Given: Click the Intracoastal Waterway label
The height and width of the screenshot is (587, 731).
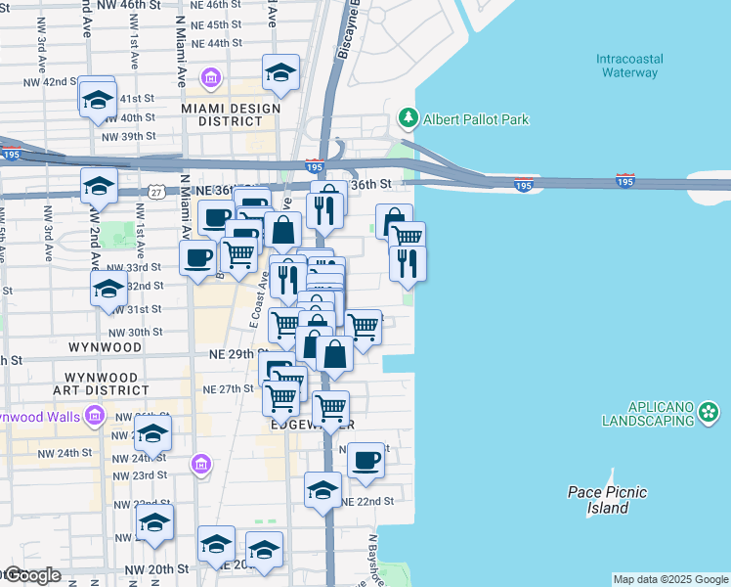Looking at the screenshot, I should [x=629, y=66].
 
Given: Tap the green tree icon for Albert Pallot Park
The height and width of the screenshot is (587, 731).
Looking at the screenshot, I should [x=408, y=119].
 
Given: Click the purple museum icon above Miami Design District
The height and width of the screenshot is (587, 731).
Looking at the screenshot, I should [x=210, y=77].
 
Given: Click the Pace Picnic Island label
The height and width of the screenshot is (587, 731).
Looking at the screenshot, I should [x=607, y=500].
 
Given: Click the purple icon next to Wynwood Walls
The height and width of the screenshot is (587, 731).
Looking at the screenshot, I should [x=94, y=417].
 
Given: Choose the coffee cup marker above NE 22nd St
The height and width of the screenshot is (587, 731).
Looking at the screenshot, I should [x=366, y=459].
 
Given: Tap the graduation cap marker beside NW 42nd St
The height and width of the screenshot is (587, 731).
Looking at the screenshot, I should [x=97, y=98].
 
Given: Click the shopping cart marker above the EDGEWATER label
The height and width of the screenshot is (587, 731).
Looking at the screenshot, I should [x=330, y=406].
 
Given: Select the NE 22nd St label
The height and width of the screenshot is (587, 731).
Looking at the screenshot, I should [x=367, y=501].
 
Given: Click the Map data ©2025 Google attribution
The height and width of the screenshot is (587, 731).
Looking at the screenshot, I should [x=670, y=579].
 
